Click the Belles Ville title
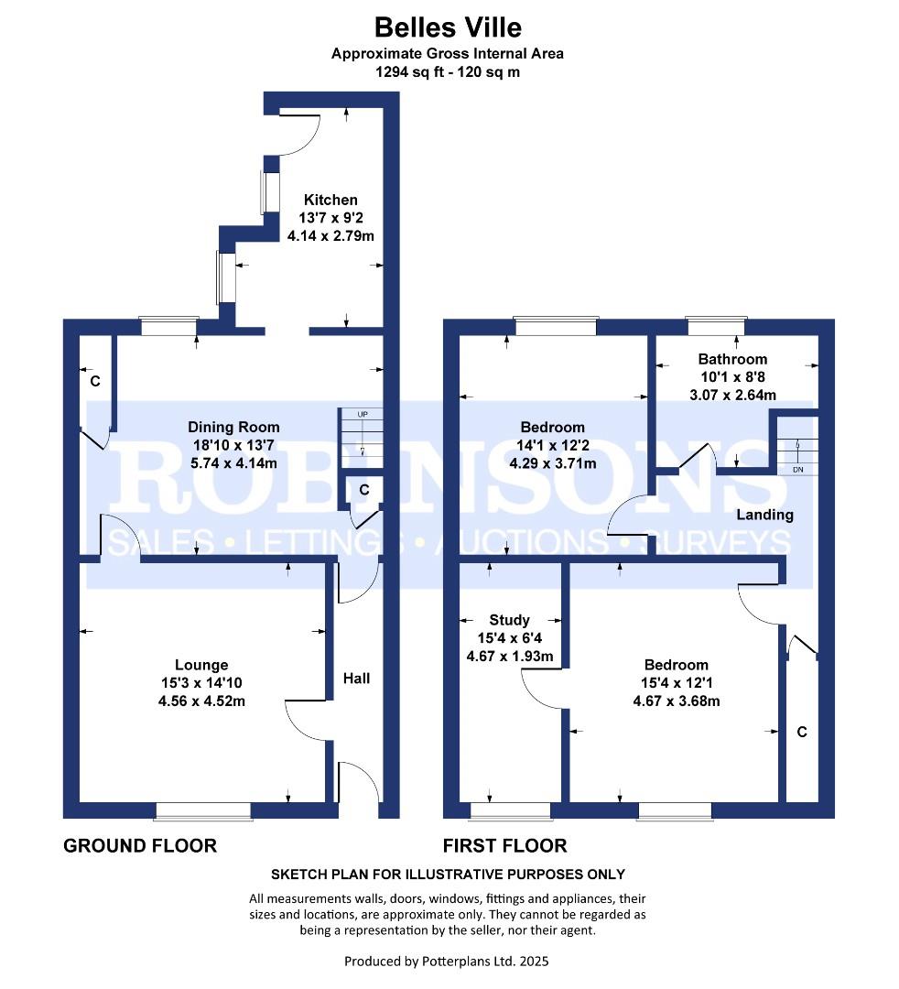tap(448, 27)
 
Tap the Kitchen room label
tap(330, 200)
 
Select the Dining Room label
tap(233, 427)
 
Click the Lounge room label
tap(201, 665)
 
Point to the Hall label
tap(356, 678)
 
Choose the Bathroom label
tap(732, 359)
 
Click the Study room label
tap(509, 620)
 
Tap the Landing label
tap(764, 515)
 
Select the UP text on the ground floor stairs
tap(363, 415)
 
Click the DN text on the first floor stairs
tap(798, 469)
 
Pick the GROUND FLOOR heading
tap(140, 845)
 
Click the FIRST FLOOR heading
tap(504, 845)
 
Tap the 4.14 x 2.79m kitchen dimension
tap(330, 236)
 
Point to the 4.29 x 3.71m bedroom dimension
tap(553, 463)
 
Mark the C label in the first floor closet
tap(802, 732)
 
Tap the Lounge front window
tap(203, 811)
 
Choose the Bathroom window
tap(716, 326)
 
